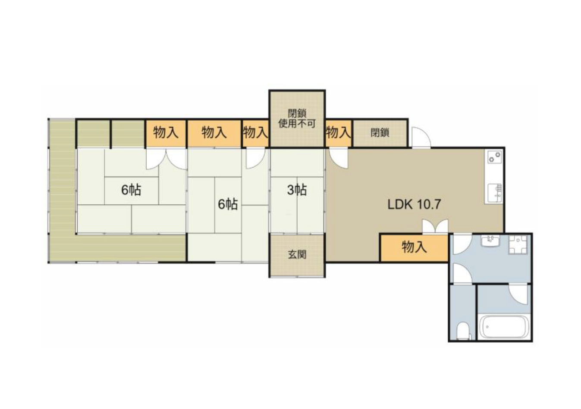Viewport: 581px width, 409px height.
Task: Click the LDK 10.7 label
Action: coord(414,204)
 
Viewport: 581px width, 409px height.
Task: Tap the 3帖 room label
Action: coord(297,190)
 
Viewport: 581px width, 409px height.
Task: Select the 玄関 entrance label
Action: coord(297,255)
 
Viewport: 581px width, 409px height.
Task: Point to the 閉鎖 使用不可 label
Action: coord(297,119)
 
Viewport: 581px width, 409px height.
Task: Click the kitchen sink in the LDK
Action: coord(494,193)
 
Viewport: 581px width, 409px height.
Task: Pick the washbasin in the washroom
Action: coord(490,240)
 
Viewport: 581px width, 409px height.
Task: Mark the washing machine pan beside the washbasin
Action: coord(518,244)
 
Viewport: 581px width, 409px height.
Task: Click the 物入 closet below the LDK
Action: coord(414,247)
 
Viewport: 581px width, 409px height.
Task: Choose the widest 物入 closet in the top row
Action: coord(214,133)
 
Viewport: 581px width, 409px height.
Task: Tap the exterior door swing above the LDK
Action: coord(421,137)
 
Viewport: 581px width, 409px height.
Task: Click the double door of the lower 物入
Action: coord(435,226)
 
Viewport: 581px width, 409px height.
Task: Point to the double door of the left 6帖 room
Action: coord(166,159)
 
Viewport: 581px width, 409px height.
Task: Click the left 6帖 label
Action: coord(131,190)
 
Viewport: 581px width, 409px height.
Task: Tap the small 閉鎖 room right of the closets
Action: coord(380,133)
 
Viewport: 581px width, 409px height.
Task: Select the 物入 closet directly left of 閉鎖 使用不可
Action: coord(255,133)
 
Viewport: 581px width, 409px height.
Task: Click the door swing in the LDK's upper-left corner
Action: coord(338,158)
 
